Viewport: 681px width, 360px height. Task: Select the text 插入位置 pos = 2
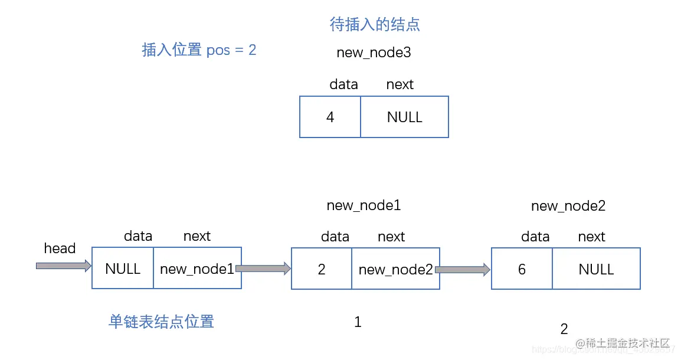[199, 50]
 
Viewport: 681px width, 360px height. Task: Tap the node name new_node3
[374, 53]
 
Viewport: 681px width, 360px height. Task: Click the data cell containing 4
[330, 117]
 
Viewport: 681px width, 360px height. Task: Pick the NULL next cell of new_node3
[404, 117]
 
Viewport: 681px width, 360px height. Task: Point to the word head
[60, 248]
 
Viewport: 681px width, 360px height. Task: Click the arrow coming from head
[64, 266]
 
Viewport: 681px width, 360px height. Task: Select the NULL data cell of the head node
[123, 269]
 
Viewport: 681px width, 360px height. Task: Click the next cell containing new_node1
[197, 269]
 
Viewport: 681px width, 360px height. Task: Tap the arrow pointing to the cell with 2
[263, 269]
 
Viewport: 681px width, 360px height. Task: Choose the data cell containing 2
[322, 270]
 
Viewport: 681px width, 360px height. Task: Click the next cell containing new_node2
[395, 270]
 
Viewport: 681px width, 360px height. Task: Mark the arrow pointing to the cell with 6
[463, 270]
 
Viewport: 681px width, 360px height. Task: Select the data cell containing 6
[522, 270]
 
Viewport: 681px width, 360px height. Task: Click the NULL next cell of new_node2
[596, 270]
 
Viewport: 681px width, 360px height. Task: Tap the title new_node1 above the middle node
[364, 205]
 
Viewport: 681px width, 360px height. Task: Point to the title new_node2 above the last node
[568, 206]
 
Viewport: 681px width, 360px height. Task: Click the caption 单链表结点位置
[161, 322]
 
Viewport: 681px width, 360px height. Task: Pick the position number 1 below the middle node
[358, 322]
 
